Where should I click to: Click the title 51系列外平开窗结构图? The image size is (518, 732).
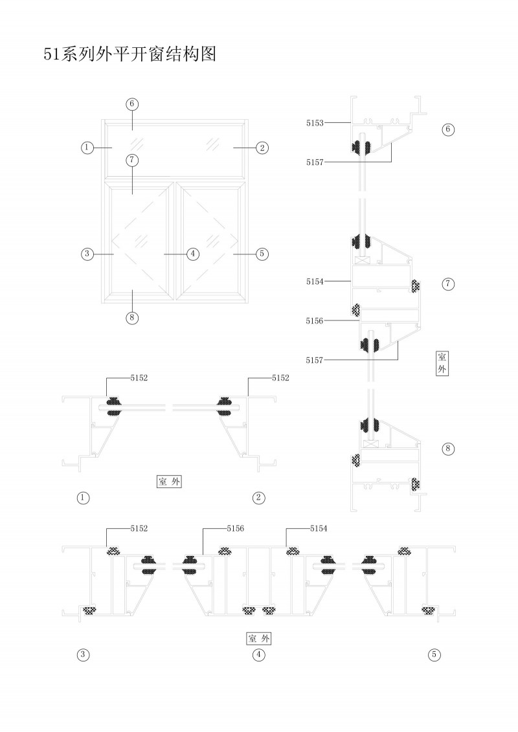tap(129, 54)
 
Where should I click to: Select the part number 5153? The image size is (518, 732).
tap(315, 121)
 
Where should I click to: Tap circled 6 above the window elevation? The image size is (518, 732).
tap(132, 104)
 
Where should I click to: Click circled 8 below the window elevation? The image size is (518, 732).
tap(132, 317)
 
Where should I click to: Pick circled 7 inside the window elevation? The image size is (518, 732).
tap(132, 160)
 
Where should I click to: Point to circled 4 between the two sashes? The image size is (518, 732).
tap(192, 254)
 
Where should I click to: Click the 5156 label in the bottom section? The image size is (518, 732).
tap(236, 529)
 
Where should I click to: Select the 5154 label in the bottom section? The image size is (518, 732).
tap(319, 529)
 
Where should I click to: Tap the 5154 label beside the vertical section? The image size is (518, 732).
tap(315, 282)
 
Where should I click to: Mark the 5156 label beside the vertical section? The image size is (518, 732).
tap(315, 320)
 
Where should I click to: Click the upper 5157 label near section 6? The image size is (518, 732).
tap(315, 162)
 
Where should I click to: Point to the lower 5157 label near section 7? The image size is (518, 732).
tap(315, 359)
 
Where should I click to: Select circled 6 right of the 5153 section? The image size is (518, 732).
tap(447, 129)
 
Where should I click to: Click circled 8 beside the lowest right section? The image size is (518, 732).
tap(447, 448)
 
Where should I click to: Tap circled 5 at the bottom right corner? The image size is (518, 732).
tap(434, 655)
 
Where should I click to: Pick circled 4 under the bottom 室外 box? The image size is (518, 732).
tap(258, 655)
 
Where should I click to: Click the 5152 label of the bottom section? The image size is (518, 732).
tap(139, 529)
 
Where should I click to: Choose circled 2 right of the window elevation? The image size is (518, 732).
tap(262, 148)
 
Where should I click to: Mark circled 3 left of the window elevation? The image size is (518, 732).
tap(87, 254)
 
